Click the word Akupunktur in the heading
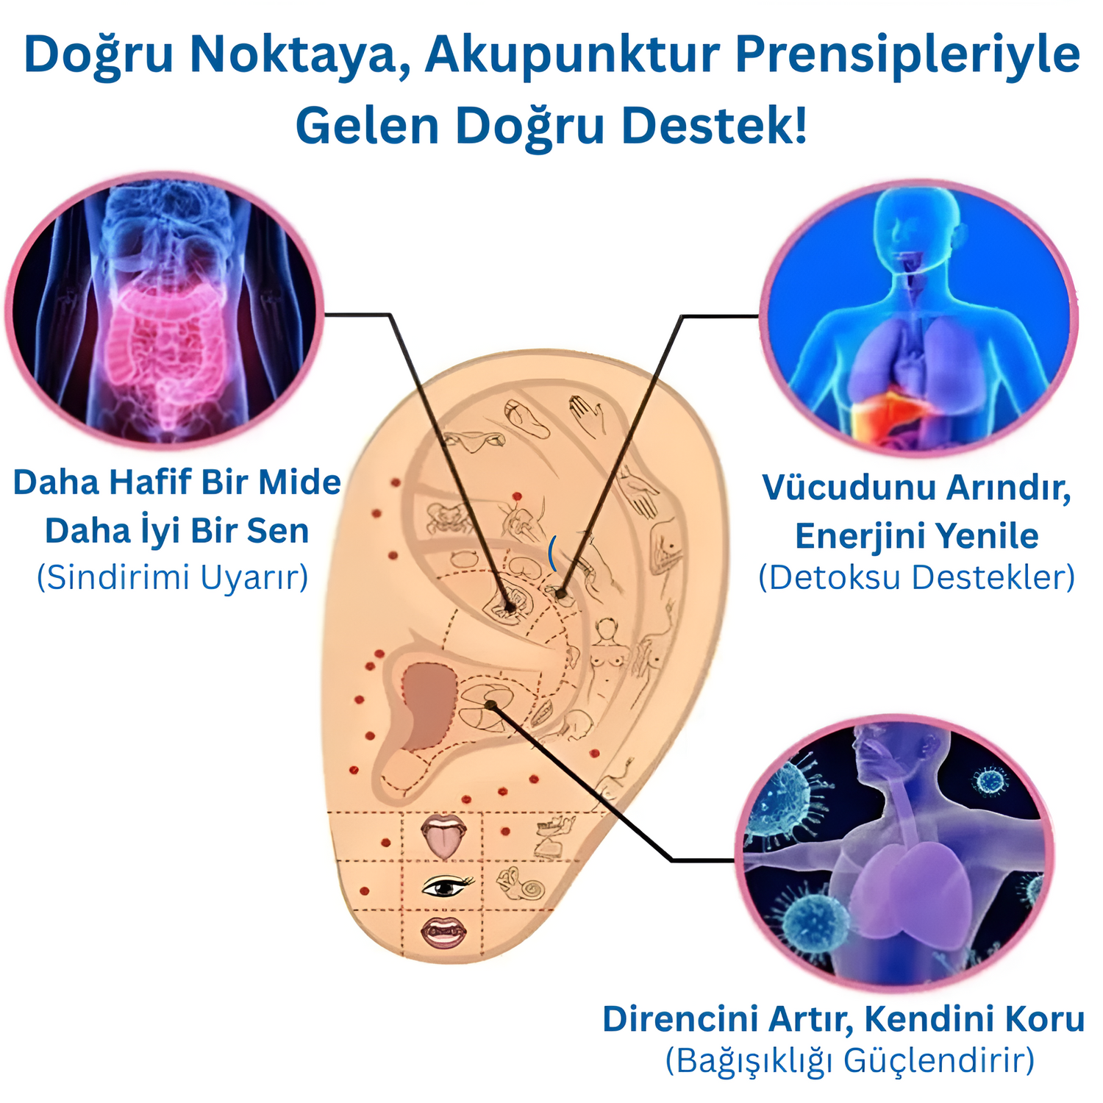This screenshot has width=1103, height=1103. (x=572, y=56)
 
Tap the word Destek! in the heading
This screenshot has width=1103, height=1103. (x=714, y=125)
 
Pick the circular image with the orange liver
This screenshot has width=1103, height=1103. (x=918, y=318)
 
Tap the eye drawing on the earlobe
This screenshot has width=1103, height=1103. (x=446, y=887)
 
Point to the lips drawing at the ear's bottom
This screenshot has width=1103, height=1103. (x=443, y=932)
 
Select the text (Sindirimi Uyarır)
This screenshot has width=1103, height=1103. (x=173, y=577)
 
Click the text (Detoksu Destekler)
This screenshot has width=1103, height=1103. (x=917, y=577)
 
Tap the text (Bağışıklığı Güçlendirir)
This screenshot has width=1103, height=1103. (x=850, y=1061)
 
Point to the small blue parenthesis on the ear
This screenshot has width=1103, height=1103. (x=551, y=553)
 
